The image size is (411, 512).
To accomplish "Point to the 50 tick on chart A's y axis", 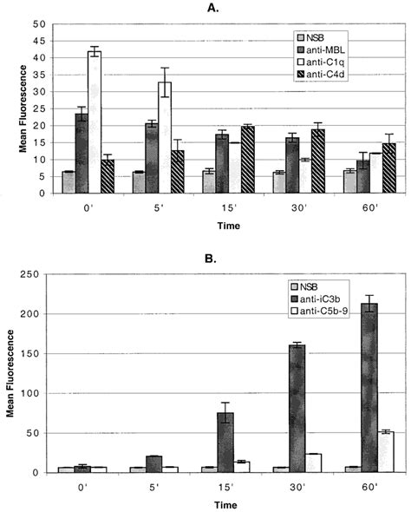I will pos(41,24).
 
